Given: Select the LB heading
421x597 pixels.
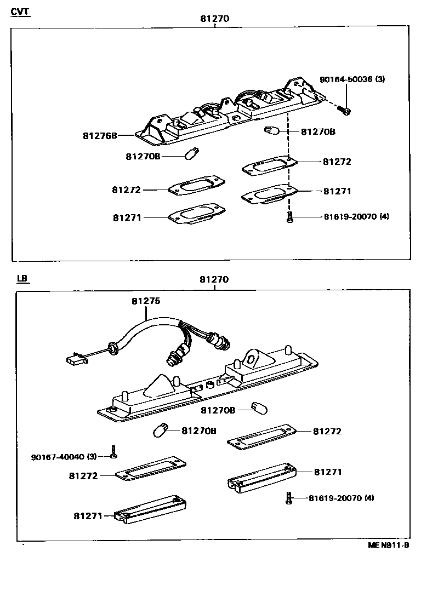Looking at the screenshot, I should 22,278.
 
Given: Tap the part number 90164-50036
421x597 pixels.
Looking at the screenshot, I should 346,79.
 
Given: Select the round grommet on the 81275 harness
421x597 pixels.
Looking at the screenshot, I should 114,347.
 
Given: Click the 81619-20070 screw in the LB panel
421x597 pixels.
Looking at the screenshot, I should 289,497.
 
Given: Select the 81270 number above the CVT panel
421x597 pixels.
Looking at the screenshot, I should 214,18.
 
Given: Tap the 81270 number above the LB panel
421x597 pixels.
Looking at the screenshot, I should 214,279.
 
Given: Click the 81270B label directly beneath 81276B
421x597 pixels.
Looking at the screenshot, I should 143,156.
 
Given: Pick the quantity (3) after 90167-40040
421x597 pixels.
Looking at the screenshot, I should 92,456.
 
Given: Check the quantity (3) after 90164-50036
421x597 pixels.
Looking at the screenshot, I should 380,79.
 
